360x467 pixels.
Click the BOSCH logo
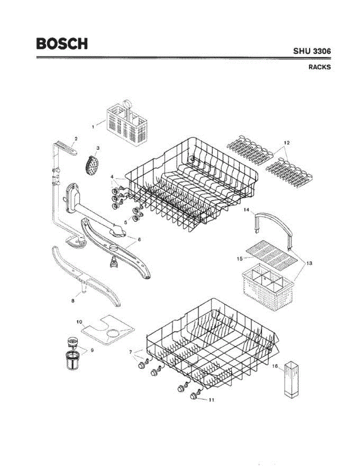[62, 43]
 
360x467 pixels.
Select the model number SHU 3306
[312, 51]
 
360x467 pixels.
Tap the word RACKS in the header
[320, 67]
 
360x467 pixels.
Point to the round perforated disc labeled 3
[90, 165]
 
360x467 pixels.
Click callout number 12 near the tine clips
[287, 143]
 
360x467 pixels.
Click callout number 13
[309, 263]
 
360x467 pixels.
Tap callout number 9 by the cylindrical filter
[92, 350]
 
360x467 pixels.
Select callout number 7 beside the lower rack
[131, 352]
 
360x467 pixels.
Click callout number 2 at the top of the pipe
[76, 139]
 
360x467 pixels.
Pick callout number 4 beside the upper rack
[112, 177]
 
